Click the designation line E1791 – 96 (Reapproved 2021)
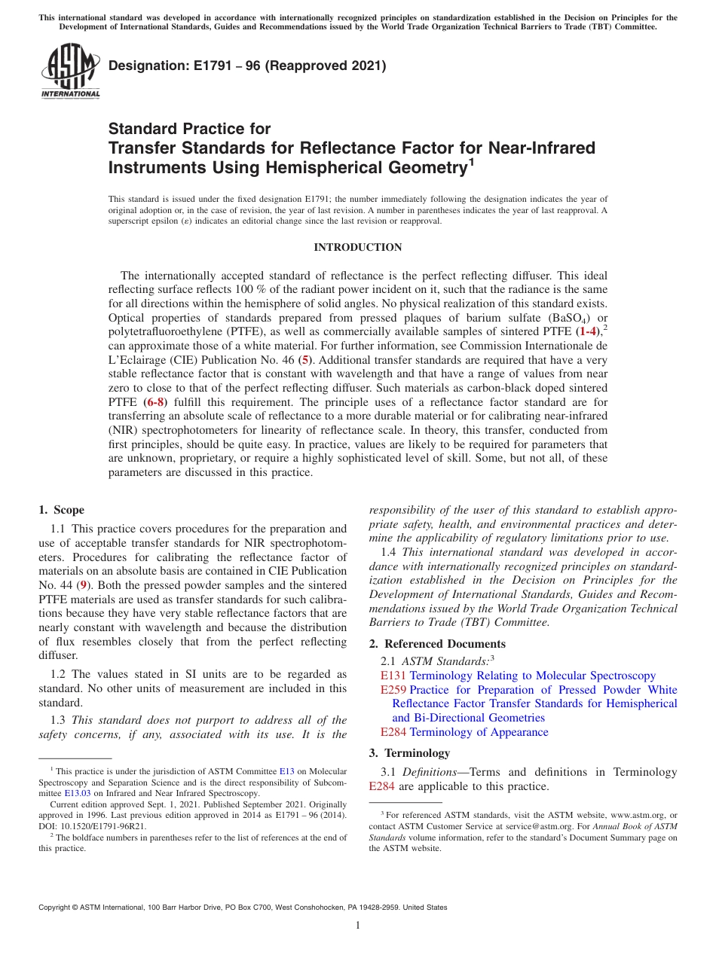pos(247,66)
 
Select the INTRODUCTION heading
pos(358,247)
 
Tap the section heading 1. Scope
pos(61,510)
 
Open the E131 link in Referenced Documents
pos(393,676)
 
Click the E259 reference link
pos(393,690)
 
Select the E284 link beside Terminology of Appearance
pos(393,731)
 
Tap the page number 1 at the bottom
pos(358,925)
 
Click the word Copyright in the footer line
pos(57,908)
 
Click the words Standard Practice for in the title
pos(189,129)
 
